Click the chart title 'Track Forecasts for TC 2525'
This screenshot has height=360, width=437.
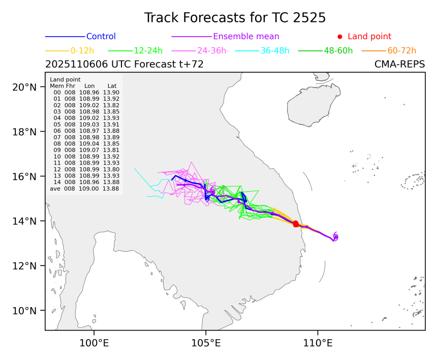coord(234,17)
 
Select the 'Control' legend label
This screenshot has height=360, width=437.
coord(101,37)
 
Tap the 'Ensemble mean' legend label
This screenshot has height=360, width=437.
coord(246,37)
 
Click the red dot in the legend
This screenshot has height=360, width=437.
coord(340,37)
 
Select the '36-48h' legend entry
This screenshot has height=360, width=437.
coord(272,51)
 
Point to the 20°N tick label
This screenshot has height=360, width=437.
coord(24,87)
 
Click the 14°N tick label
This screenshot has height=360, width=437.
coord(24,221)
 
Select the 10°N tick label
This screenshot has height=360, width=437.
coord(24,311)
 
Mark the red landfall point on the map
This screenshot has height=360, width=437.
coord(296,224)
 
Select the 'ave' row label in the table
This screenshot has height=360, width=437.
coord(55,189)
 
